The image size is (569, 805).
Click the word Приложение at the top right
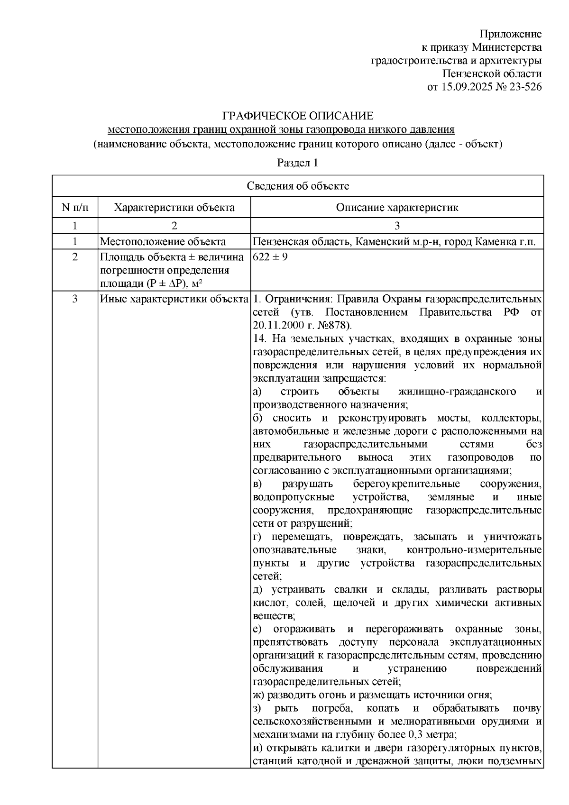coord(510,34)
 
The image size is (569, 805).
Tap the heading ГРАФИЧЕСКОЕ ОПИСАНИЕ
coord(298,116)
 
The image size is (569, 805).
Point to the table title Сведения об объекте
coord(298,186)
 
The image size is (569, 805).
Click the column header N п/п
coord(75,207)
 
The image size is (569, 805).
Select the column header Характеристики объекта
coord(174,207)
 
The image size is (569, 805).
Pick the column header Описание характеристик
coord(397,207)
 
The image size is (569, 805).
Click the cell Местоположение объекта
coord(163,242)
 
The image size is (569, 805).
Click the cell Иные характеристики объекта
coord(174,299)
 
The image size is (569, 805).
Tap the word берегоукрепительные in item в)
coord(406,485)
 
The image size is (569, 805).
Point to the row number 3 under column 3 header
coord(397,226)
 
